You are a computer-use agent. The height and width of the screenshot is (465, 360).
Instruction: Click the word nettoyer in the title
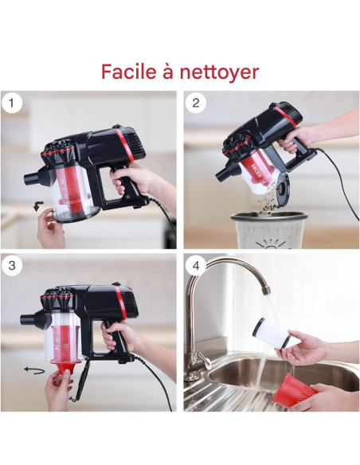pos(221,72)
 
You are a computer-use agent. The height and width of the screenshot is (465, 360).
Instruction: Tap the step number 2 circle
pos(195,102)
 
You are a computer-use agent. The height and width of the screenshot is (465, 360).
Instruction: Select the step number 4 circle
pos(195,266)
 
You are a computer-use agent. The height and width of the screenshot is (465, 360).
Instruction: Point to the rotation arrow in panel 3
pos(34,369)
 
